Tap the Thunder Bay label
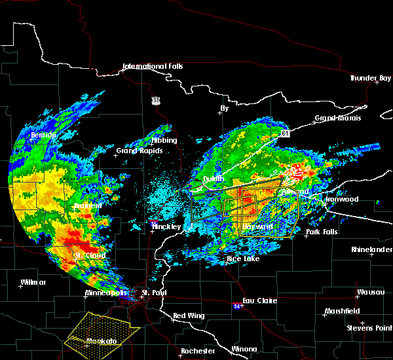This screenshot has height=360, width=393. point(370,79)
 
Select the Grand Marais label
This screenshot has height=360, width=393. point(333,118)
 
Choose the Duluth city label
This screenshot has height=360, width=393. point(214,179)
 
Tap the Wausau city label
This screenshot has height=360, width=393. point(366,292)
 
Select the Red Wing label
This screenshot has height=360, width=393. point(189,316)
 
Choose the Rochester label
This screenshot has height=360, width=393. point(198,351)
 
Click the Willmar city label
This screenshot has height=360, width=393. point(33,282)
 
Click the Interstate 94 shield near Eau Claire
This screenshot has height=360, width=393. point(237,306)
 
